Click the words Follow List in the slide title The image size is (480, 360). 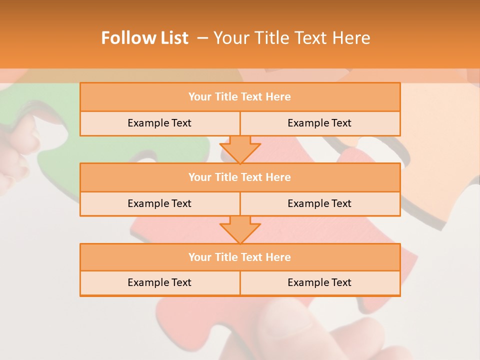[x=144, y=38]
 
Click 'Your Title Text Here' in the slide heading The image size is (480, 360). [x=291, y=38]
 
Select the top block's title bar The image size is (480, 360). [x=240, y=97]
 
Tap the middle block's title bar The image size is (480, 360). [x=240, y=177]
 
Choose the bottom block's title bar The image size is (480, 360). [x=240, y=257]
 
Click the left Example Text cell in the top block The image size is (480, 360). [x=159, y=123]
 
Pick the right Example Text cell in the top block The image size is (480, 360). [x=319, y=123]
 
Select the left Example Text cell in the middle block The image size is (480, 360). [x=159, y=203]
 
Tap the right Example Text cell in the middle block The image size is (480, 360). [x=319, y=203]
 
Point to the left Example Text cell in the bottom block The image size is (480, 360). [x=159, y=282]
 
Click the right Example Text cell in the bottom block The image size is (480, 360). [x=319, y=282]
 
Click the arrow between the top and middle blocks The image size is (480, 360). [x=240, y=149]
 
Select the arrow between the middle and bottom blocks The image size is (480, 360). [x=240, y=229]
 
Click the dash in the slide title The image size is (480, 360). [x=202, y=38]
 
